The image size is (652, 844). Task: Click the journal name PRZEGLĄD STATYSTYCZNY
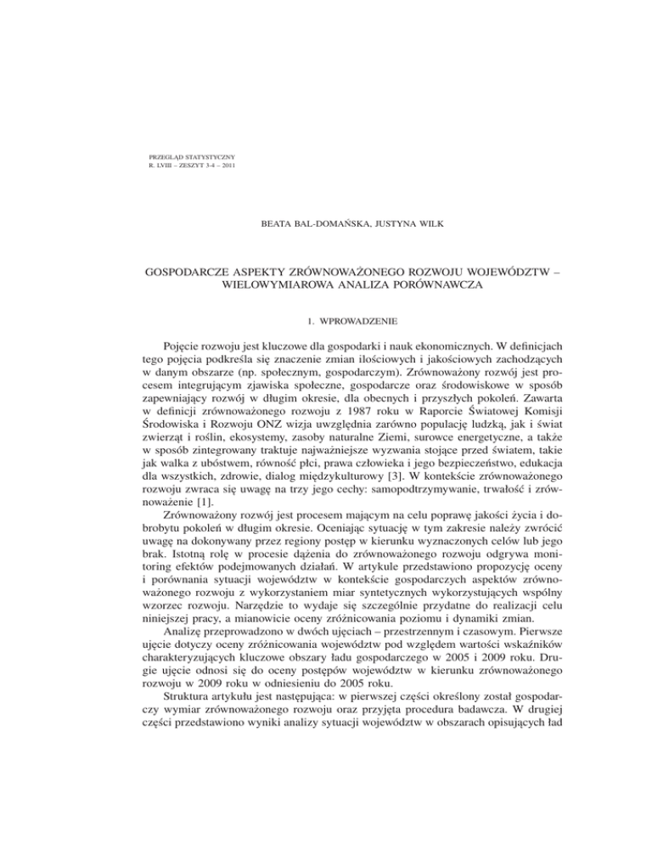pyautogui.click(x=192, y=157)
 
